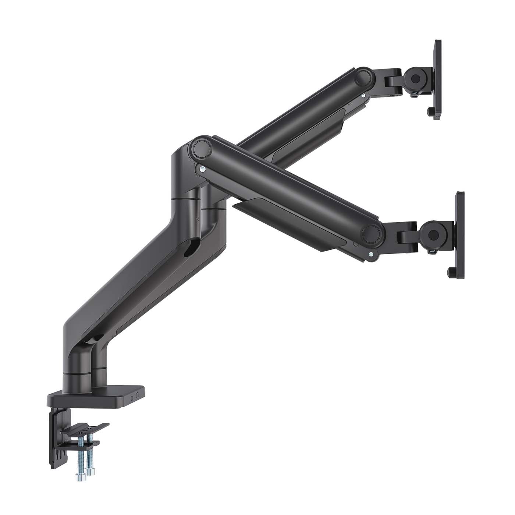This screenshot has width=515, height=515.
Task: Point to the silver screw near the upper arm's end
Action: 363,95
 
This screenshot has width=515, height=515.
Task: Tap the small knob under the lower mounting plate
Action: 450,273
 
